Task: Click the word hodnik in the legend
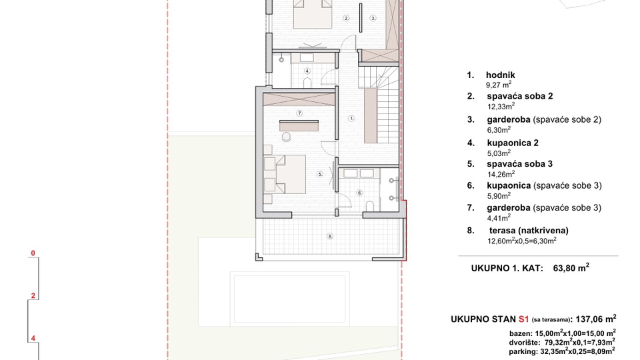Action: point(501,75)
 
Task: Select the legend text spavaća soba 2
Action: point(519,96)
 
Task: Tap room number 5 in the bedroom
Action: point(320,174)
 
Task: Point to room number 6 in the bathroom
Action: point(359,193)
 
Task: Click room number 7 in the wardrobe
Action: point(300,113)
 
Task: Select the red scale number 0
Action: point(32,253)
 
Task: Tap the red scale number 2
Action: point(32,295)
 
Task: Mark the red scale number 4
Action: point(32,338)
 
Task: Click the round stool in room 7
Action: point(287,136)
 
